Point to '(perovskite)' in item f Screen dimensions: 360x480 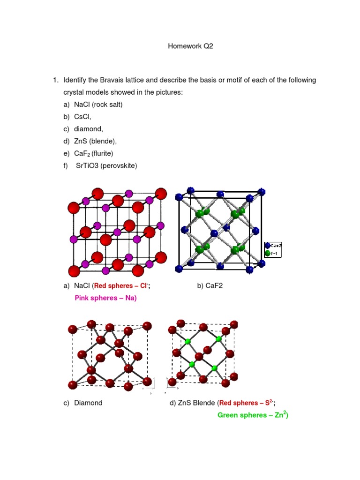(x=119, y=165)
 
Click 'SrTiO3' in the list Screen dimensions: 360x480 (x=87, y=165)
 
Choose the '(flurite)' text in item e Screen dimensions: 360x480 (x=103, y=153)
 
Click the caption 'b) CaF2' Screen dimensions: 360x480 (x=210, y=285)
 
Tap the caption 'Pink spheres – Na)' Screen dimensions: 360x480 (x=105, y=298)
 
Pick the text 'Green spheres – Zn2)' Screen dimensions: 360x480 (x=253, y=415)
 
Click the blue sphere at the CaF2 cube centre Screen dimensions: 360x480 (x=214, y=233)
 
